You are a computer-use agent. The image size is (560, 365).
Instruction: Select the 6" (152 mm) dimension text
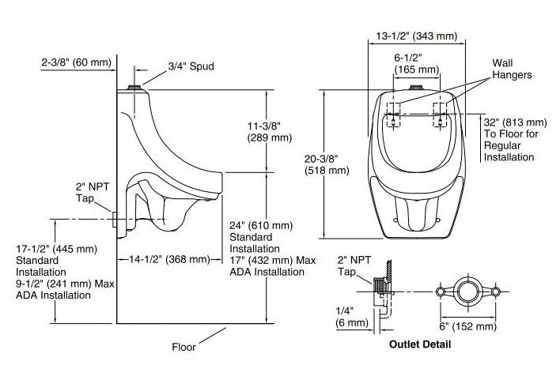coord(469,325)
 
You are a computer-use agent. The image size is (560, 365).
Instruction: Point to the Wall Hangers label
coord(512,68)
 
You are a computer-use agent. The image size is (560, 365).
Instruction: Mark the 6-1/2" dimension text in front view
coord(416,62)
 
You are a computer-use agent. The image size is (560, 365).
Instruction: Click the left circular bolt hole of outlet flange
coord(441,292)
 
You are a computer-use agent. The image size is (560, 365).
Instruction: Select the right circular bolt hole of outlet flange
coord(497,292)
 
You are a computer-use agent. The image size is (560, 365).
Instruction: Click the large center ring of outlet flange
coord(469,292)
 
